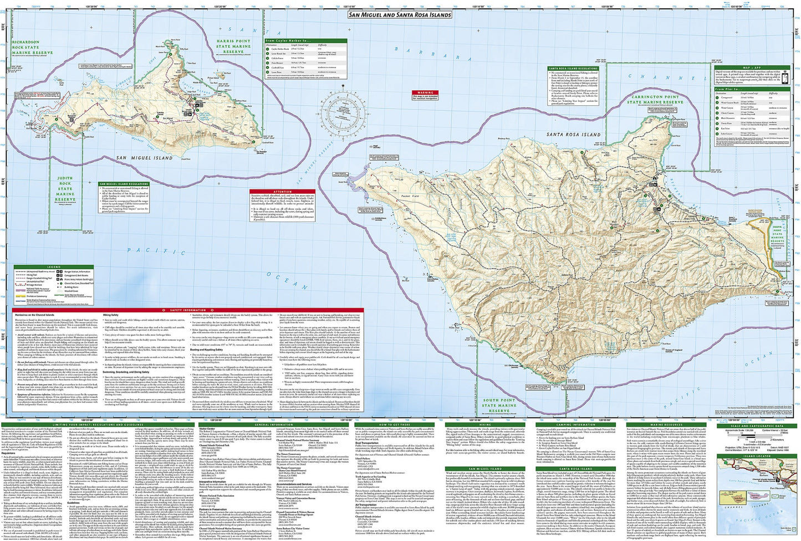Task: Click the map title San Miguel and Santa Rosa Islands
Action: click(399, 15)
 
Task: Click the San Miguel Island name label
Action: click(144, 158)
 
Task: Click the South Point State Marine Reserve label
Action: click(498, 405)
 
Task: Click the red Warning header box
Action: click(425, 93)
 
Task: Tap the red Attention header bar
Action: click(282, 192)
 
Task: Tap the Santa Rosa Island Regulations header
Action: click(573, 68)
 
